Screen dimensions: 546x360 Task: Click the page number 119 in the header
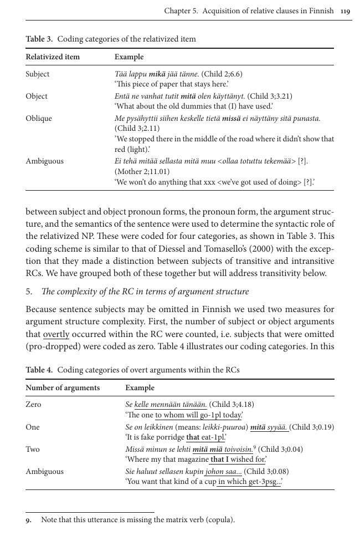(x=345, y=11)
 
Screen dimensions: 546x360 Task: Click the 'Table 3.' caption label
(x=39, y=39)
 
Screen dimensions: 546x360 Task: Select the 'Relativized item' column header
(x=53, y=57)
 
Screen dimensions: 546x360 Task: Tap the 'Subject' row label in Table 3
(x=37, y=74)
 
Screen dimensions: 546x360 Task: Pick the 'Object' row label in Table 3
(x=37, y=96)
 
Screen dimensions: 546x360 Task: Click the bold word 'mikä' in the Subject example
(x=158, y=74)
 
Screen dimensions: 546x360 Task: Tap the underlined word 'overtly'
(x=56, y=334)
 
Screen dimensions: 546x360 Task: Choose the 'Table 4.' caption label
(x=39, y=370)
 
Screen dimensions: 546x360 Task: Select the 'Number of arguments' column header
(x=63, y=387)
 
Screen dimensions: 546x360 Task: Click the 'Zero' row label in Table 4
(x=33, y=404)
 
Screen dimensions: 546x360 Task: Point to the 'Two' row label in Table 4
(x=33, y=449)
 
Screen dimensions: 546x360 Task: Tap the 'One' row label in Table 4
(x=33, y=427)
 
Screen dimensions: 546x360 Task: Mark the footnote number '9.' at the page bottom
(x=29, y=519)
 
